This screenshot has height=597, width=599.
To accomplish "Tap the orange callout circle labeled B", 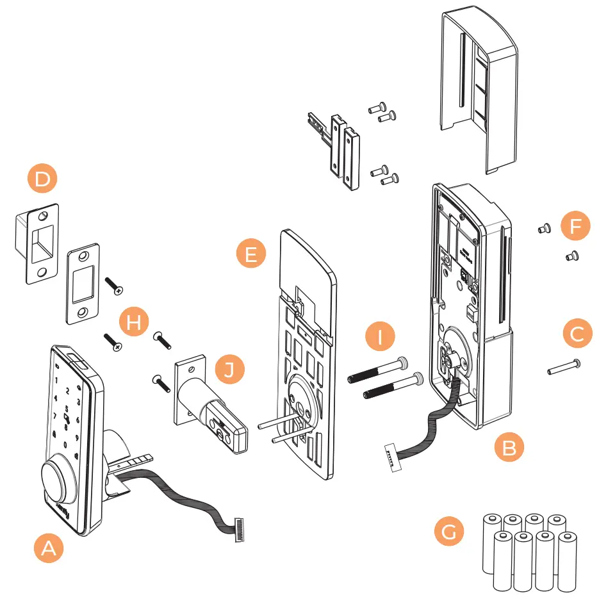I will click(509, 447).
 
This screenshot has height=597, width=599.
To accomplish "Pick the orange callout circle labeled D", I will click(42, 179).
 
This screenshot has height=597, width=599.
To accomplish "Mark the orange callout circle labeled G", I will click(449, 532).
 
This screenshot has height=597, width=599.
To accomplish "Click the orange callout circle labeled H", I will click(133, 322).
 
